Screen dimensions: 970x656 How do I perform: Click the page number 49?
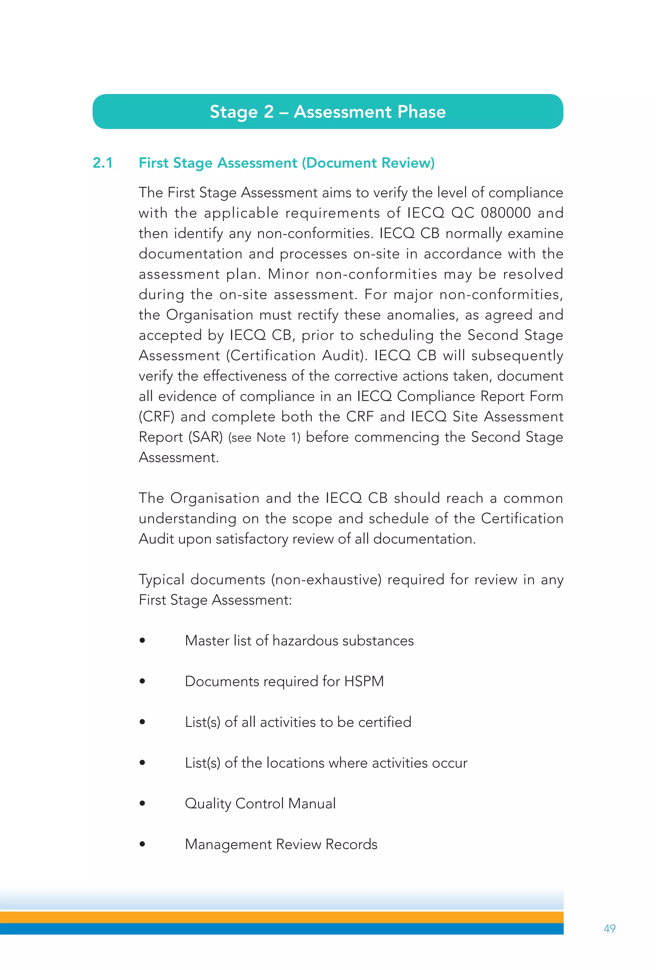coord(609,928)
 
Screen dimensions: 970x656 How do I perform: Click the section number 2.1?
coord(103,163)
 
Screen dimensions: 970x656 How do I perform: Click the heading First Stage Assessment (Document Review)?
coord(286,163)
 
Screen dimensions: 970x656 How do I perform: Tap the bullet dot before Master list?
coord(143,640)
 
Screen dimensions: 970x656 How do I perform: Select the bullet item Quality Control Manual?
coord(260,803)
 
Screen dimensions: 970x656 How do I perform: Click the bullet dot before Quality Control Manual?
coord(143,803)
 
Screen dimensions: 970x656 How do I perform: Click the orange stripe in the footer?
coord(282,917)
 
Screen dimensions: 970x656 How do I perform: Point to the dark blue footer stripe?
coord(282,929)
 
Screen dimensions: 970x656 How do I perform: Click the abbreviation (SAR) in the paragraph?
coord(205,437)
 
